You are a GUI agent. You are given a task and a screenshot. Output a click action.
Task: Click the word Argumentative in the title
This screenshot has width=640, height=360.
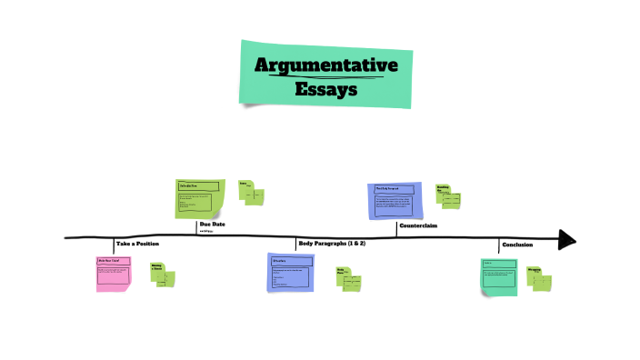tap(325, 65)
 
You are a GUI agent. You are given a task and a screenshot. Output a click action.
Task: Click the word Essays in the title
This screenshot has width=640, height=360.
tap(325, 89)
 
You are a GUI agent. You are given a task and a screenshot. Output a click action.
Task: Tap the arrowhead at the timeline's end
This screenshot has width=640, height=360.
tap(566, 239)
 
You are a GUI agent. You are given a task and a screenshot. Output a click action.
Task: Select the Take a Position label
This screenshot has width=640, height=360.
tap(137, 245)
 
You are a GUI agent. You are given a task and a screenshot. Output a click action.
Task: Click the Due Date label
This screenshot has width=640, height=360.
tap(212, 224)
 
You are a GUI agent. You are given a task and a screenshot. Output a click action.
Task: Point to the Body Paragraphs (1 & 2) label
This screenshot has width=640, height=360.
tap(332, 244)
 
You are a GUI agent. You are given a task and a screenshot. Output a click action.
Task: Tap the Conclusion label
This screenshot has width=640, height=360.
tap(517, 245)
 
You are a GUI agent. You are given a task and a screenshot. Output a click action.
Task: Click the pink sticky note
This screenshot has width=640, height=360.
tap(114, 274)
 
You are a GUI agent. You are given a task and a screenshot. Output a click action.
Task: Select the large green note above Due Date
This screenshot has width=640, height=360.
tap(199, 198)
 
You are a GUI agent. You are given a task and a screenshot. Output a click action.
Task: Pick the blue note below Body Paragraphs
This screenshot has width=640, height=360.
tap(290, 273)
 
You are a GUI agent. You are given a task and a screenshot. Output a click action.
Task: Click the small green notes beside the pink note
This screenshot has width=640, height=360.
tap(162, 275)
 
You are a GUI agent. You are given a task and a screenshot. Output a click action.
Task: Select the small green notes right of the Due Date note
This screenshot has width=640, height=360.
tap(251, 193)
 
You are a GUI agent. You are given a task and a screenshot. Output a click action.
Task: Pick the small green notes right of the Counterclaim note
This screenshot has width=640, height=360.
tap(448, 195)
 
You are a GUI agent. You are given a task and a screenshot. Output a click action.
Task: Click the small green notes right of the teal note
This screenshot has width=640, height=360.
tap(539, 278)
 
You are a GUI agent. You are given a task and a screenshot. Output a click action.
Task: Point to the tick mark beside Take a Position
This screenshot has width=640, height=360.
tap(115, 245)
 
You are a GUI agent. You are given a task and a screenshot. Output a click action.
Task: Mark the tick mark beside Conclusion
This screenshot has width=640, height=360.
tap(500, 245)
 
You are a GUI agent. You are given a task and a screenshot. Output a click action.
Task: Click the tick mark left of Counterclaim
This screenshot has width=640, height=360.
tap(396, 228)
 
